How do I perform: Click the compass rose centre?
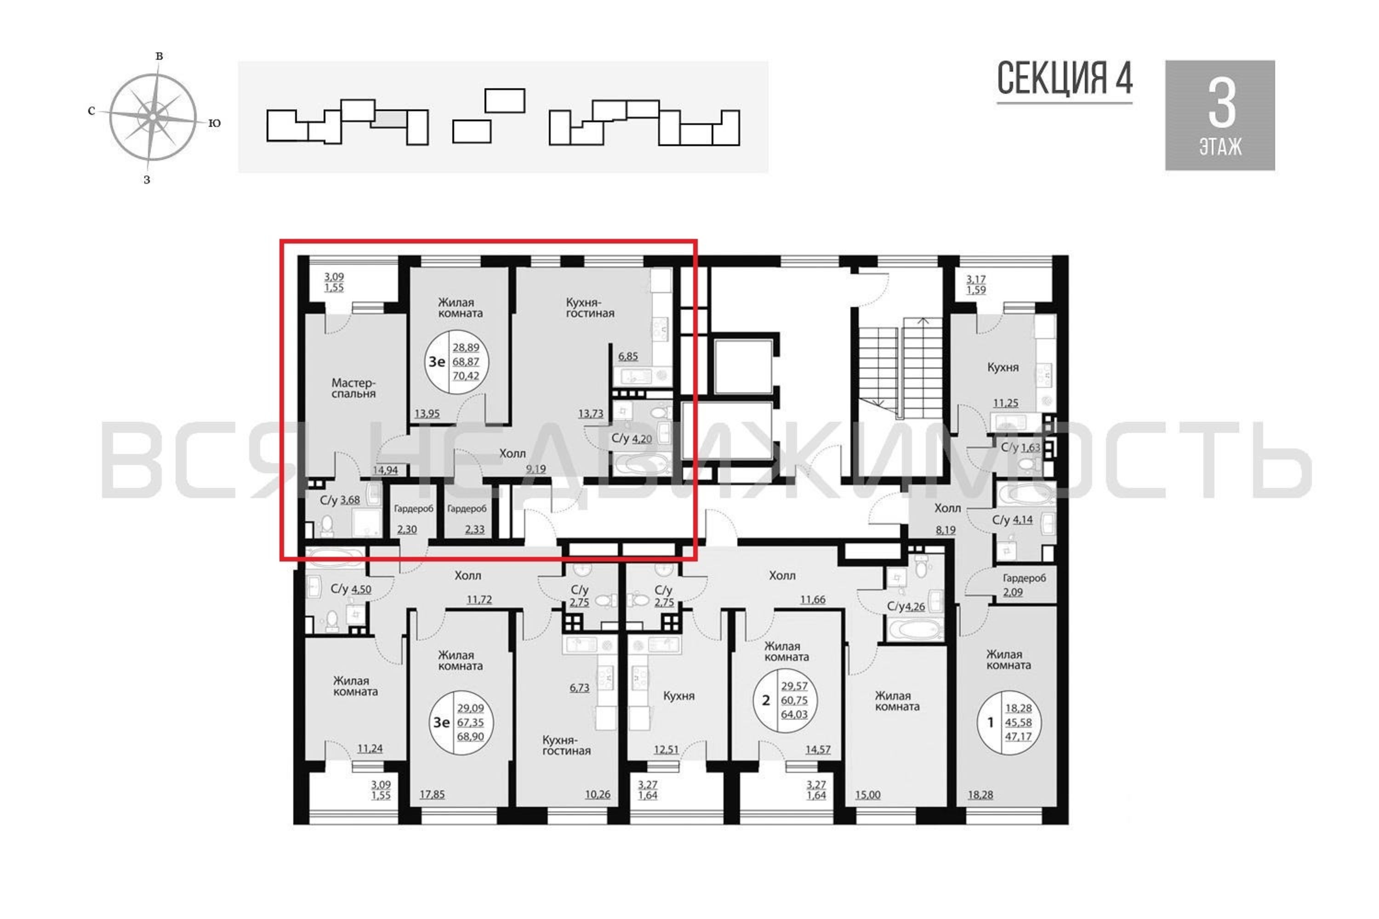[x=153, y=117]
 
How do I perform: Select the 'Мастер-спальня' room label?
[x=353, y=388]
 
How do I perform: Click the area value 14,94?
[x=385, y=470]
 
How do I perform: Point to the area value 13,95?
[x=427, y=413]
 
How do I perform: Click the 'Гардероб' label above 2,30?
[x=413, y=509]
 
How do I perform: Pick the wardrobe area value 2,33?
[x=474, y=529]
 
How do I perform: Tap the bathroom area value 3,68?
[x=350, y=500]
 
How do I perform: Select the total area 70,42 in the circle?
[x=466, y=376]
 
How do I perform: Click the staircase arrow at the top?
[x=923, y=321]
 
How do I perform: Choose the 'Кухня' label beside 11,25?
[x=1003, y=368]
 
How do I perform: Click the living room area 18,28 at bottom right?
[x=980, y=795]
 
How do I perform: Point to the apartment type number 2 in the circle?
[x=765, y=700]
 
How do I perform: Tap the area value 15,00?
[x=868, y=795]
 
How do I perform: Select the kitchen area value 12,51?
[x=666, y=749]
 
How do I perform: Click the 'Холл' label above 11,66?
[x=782, y=576]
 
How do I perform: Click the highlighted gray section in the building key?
[x=388, y=119]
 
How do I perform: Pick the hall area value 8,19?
[x=945, y=530]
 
